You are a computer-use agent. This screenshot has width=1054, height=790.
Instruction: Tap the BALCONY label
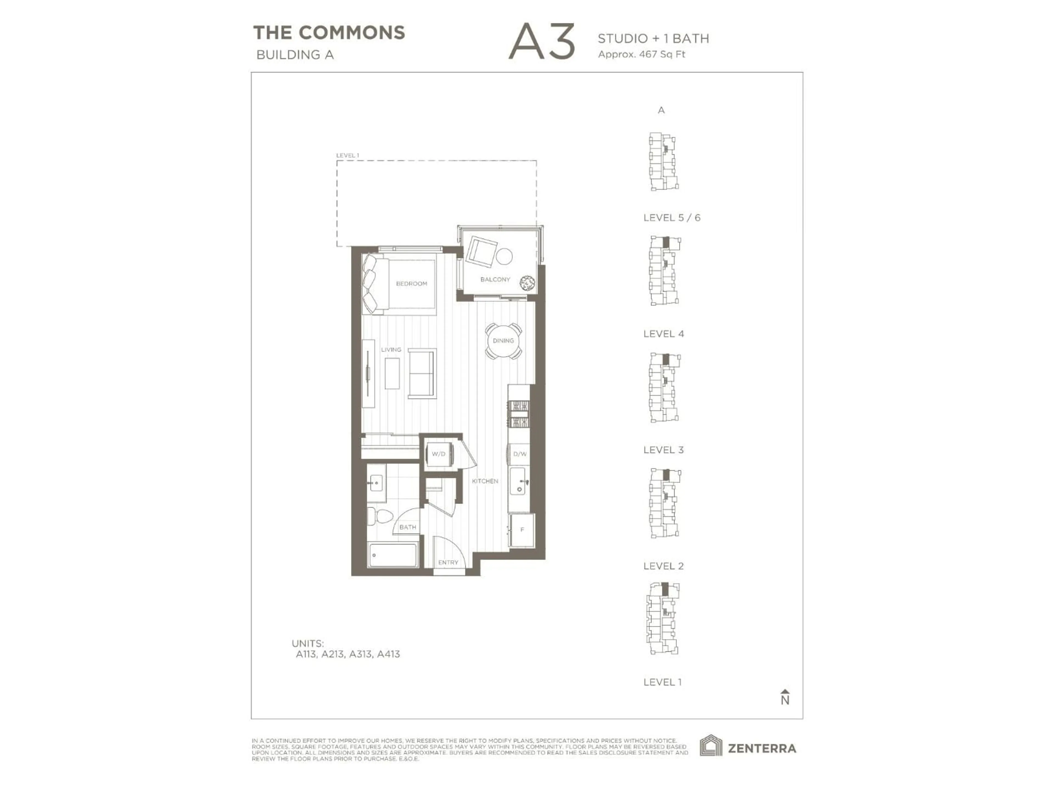click(x=495, y=280)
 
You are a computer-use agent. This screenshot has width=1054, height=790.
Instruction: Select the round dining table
click(x=503, y=340)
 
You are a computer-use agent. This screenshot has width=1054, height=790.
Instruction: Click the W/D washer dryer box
click(x=438, y=454)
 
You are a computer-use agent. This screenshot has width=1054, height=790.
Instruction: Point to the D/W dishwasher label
click(x=520, y=454)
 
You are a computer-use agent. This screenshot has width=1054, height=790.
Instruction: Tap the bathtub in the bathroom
click(x=393, y=555)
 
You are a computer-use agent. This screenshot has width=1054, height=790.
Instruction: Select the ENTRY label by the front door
click(x=448, y=562)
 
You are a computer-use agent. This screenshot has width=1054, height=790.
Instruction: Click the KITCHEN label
click(x=485, y=481)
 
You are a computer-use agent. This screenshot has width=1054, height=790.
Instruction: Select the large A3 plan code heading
click(x=542, y=42)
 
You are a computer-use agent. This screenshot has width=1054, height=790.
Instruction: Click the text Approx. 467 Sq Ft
click(x=641, y=54)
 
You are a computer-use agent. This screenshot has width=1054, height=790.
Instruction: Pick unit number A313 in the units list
click(x=360, y=654)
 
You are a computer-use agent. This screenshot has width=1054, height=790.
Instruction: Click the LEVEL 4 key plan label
click(x=663, y=334)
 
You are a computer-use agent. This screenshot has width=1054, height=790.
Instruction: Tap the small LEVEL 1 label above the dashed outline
click(x=347, y=155)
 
